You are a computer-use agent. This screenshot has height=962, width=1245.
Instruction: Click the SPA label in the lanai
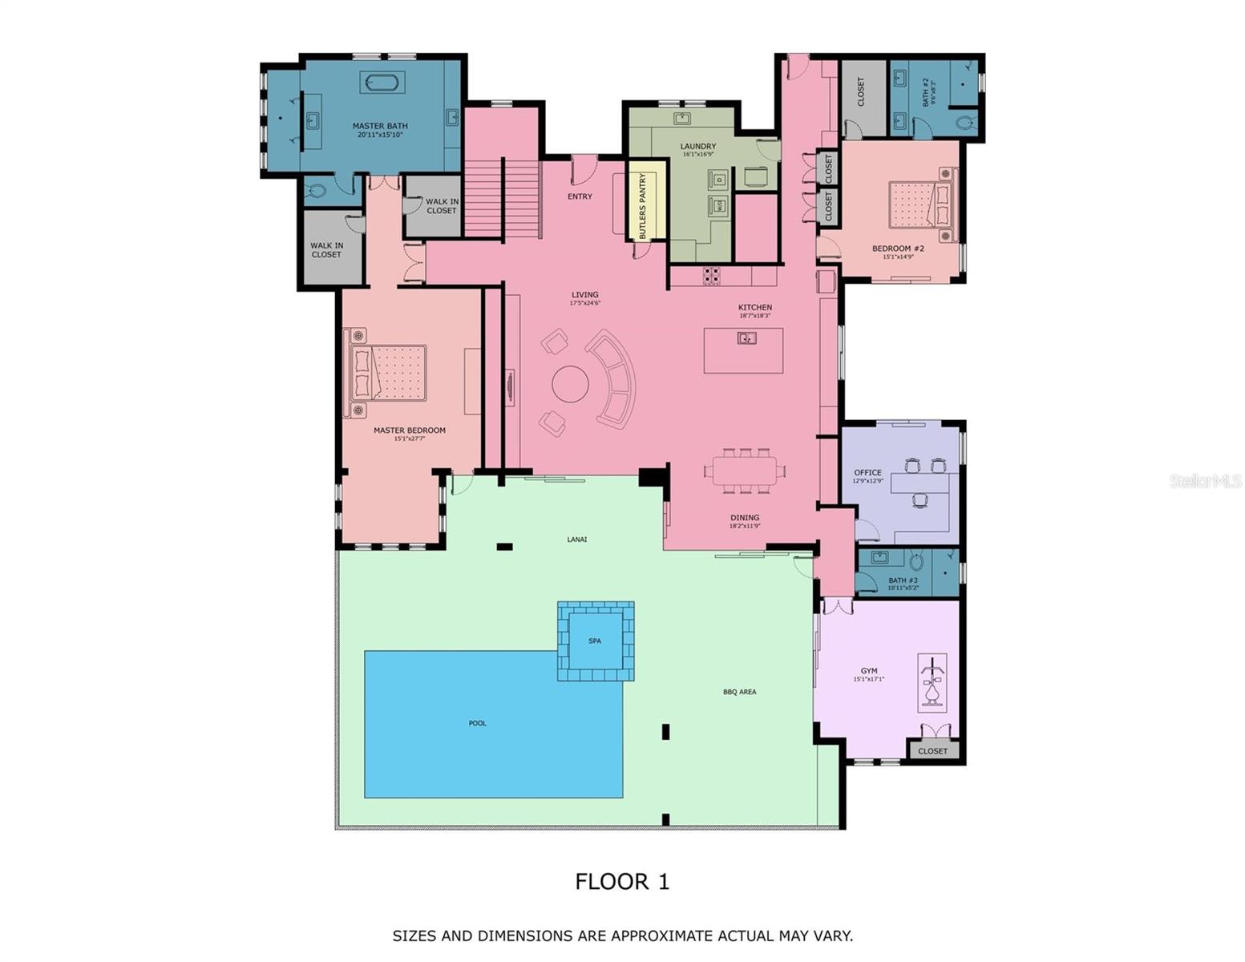595,641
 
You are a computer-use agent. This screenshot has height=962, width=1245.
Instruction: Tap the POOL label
477,723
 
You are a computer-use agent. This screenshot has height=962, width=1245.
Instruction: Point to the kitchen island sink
746,338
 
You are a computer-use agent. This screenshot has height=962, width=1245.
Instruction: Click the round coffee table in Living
570,384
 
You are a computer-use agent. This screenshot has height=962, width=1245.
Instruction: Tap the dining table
744,470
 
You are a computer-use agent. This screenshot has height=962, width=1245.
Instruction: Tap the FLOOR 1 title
622,882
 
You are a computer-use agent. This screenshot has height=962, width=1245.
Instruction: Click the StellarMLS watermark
1206,481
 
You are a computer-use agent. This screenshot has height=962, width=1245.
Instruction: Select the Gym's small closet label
932,751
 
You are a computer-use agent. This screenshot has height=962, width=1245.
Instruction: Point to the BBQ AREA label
739,692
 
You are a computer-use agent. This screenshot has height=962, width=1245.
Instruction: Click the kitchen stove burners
711,276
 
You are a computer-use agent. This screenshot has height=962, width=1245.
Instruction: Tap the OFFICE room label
867,473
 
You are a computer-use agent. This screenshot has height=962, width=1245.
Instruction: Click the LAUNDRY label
697,147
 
